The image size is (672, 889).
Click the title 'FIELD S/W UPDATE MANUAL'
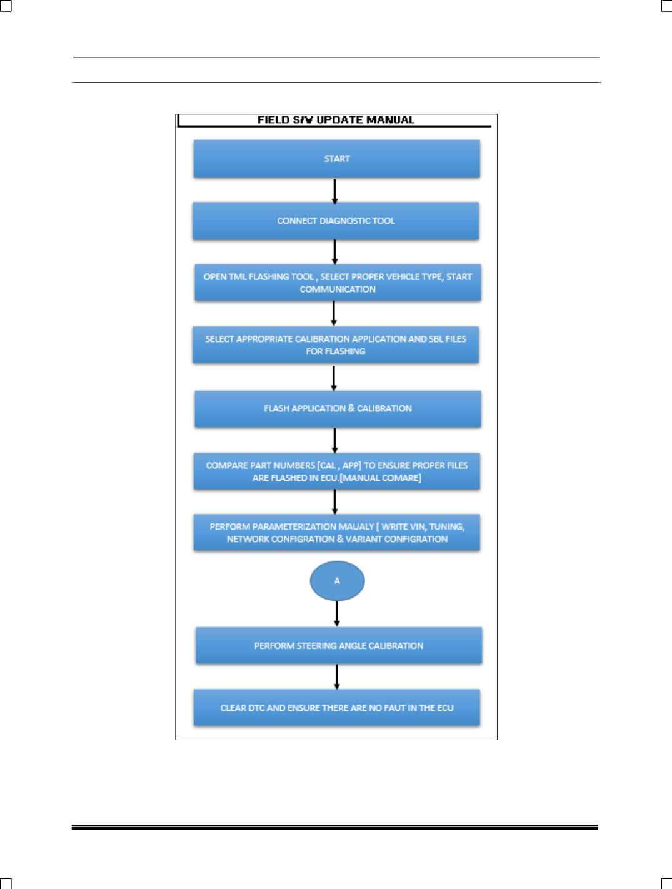[336, 120]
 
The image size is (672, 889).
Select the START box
[337, 159]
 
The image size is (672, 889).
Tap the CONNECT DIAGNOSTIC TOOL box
[336, 221]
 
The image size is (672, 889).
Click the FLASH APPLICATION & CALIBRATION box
[338, 409]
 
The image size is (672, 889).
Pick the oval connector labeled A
[337, 581]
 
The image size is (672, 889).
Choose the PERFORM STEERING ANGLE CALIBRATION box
[339, 646]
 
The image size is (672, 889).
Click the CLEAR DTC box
[337, 708]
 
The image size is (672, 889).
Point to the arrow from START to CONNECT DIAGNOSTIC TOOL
[335, 191]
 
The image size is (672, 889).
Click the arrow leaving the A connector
[337, 613]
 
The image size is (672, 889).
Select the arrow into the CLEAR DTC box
[337, 677]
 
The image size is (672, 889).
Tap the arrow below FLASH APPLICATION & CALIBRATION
[335, 440]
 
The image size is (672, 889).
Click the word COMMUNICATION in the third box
[338, 289]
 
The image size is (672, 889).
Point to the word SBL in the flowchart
[436, 339]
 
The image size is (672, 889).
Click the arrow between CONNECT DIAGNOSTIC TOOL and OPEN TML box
[335, 253]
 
